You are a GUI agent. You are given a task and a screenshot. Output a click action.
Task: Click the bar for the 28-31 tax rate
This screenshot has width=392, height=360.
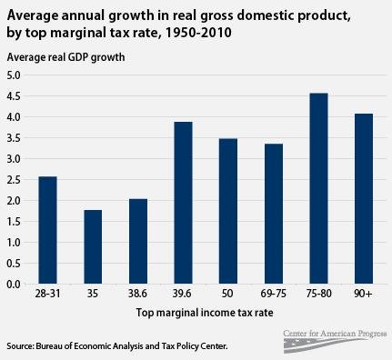click(x=47, y=230)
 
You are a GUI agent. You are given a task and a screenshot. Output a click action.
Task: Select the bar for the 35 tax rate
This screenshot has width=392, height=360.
click(x=93, y=247)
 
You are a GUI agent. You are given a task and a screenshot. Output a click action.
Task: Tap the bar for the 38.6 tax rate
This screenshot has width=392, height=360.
click(x=138, y=241)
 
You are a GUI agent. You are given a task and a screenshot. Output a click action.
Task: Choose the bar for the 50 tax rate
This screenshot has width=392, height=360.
click(x=228, y=211)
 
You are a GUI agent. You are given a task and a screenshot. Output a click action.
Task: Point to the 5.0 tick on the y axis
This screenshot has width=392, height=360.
click(x=15, y=75)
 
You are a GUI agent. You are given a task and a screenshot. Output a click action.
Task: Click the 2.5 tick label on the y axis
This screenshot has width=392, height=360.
click(x=15, y=179)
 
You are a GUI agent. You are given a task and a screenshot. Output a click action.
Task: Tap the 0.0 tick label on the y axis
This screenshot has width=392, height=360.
click(x=15, y=284)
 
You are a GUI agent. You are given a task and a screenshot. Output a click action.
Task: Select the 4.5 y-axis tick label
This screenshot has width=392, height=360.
click(x=15, y=95)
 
